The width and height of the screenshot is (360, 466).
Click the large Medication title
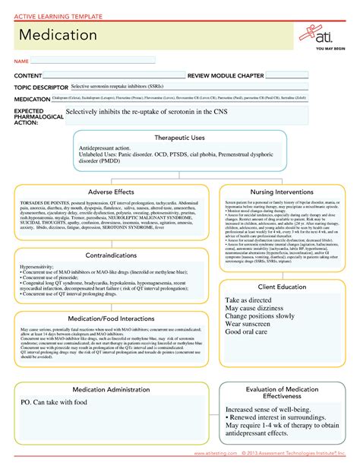tap(58, 36)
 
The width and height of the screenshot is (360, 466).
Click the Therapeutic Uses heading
tap(179, 137)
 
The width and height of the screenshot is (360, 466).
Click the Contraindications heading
tap(111, 255)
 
